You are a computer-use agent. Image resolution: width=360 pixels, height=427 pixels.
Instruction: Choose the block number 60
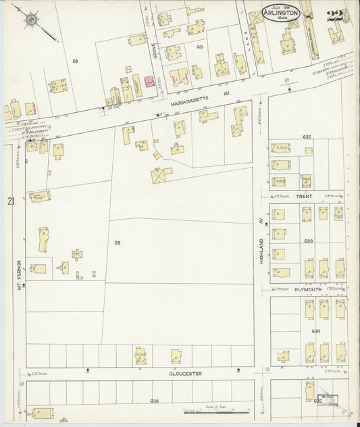coord(199,47)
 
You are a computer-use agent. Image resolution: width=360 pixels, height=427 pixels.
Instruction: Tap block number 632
coord(307,136)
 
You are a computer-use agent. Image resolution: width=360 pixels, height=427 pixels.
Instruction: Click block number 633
coord(308,241)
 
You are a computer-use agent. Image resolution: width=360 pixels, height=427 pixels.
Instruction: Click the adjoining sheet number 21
coord(10,201)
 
